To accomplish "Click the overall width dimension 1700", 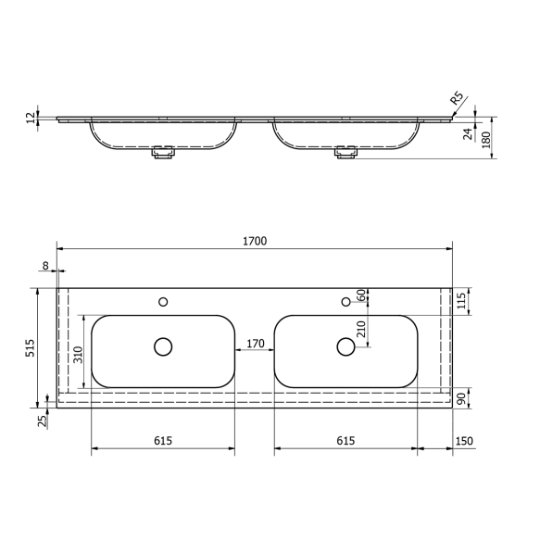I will click(x=255, y=241).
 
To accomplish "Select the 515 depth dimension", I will click(x=30, y=347).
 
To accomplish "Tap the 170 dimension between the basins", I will click(x=255, y=344).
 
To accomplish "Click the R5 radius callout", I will click(x=456, y=99).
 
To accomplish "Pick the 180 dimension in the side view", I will click(x=486, y=138).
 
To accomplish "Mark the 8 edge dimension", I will click(x=46, y=266).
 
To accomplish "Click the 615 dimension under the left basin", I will click(x=163, y=441).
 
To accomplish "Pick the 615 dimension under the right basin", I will click(x=345, y=441).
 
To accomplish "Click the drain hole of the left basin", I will click(x=163, y=346).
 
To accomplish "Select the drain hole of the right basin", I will click(x=345, y=346).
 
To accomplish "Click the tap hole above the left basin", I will click(x=163, y=301).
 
